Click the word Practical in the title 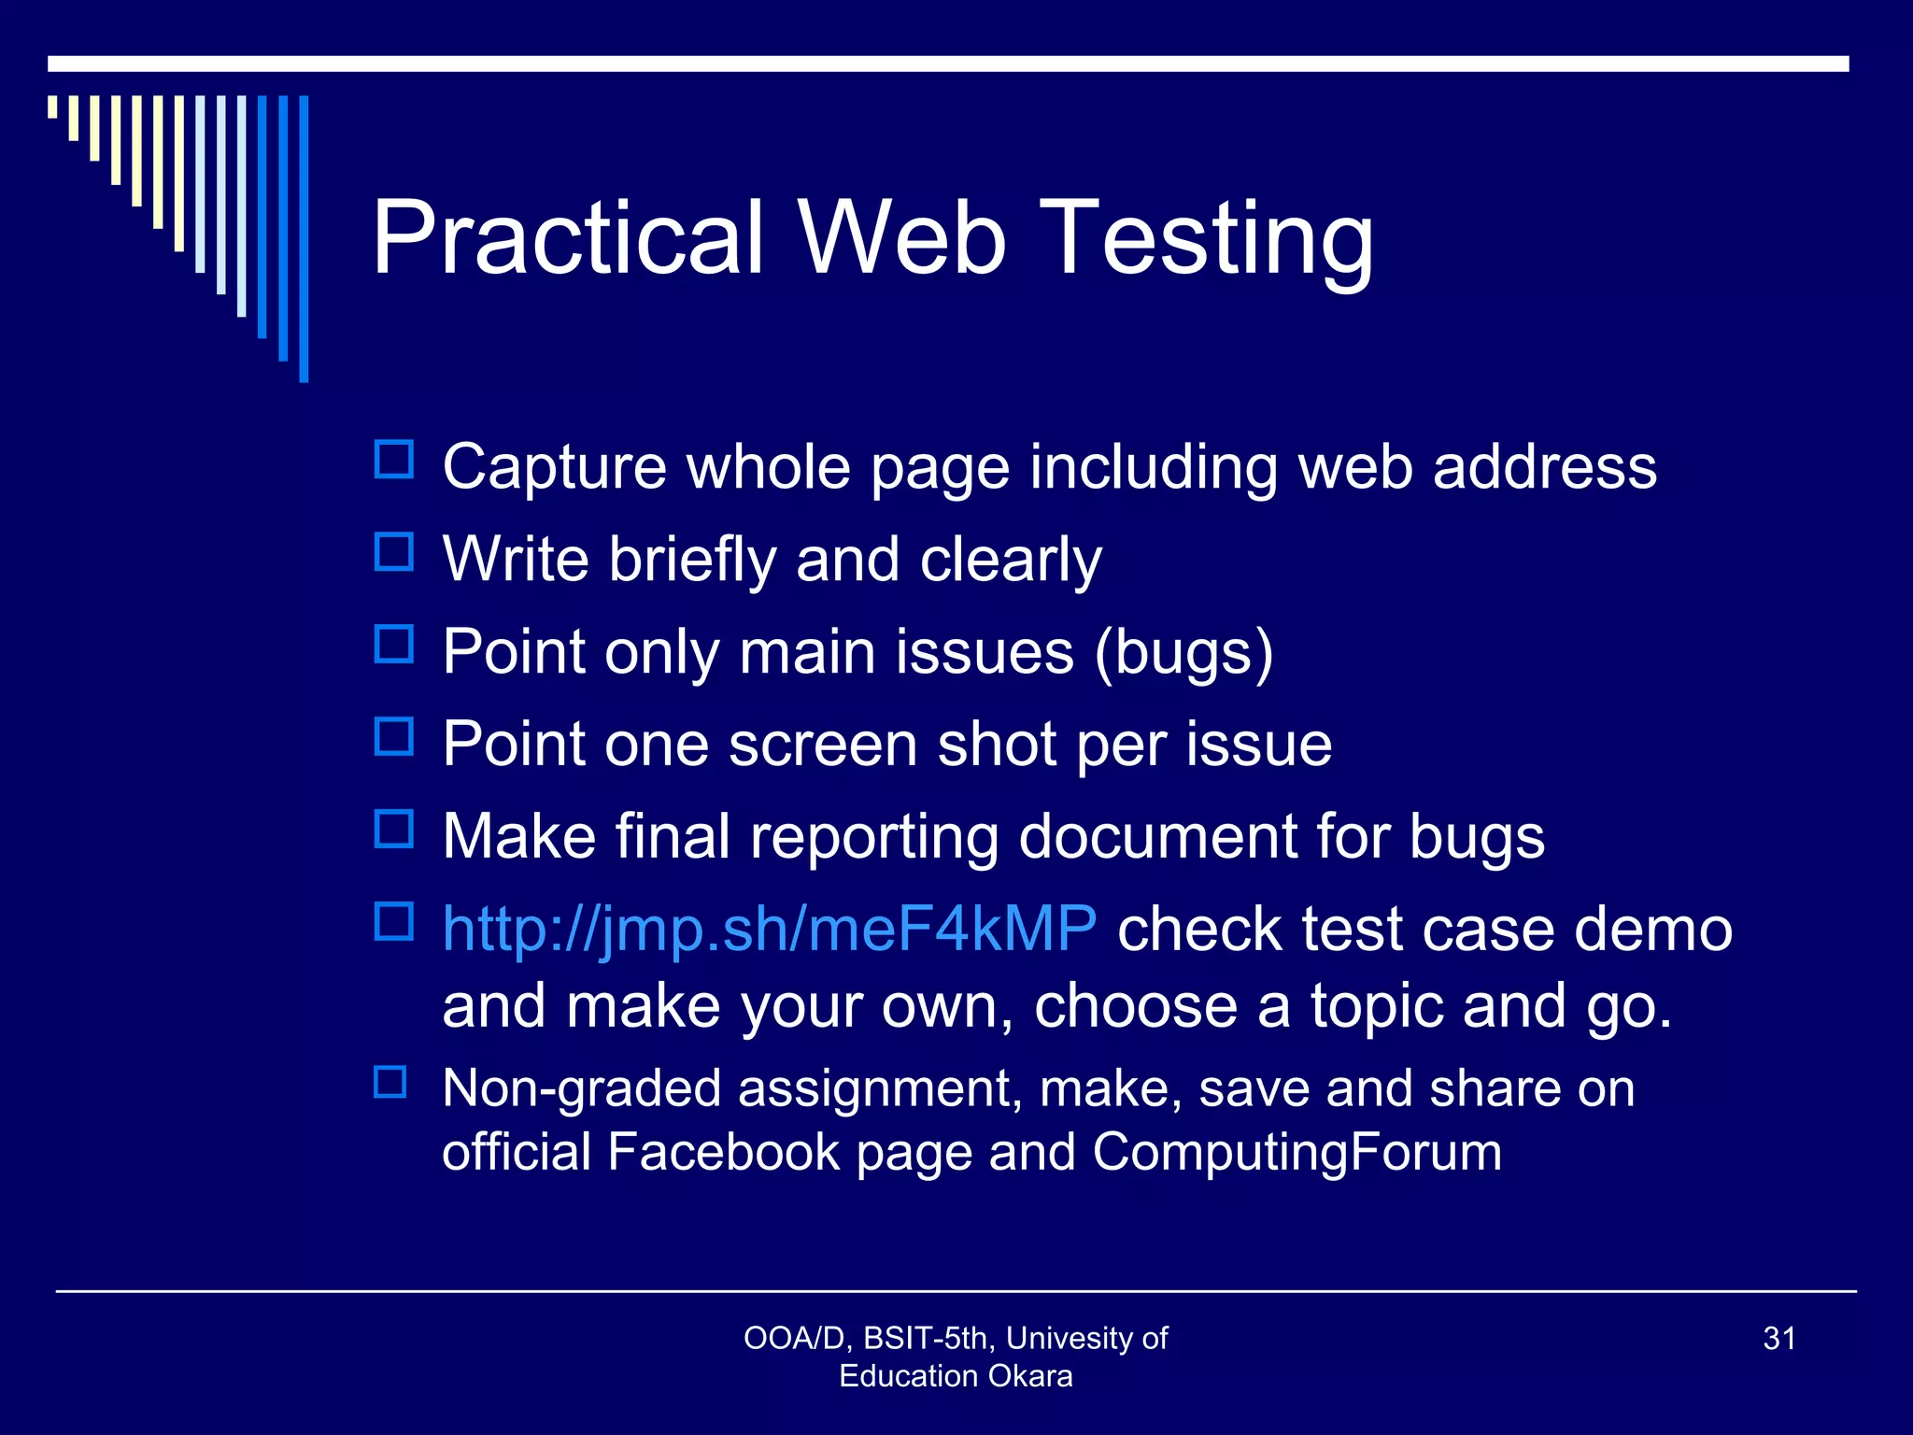tap(568, 238)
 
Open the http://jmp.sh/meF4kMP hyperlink tap(769, 929)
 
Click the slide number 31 tap(1778, 1338)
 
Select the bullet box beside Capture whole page tap(393, 460)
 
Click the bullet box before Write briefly tap(393, 552)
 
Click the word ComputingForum tap(1297, 1151)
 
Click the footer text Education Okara tap(956, 1375)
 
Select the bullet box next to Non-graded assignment tap(390, 1082)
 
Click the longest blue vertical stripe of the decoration tap(304, 238)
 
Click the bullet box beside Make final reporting tap(393, 829)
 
